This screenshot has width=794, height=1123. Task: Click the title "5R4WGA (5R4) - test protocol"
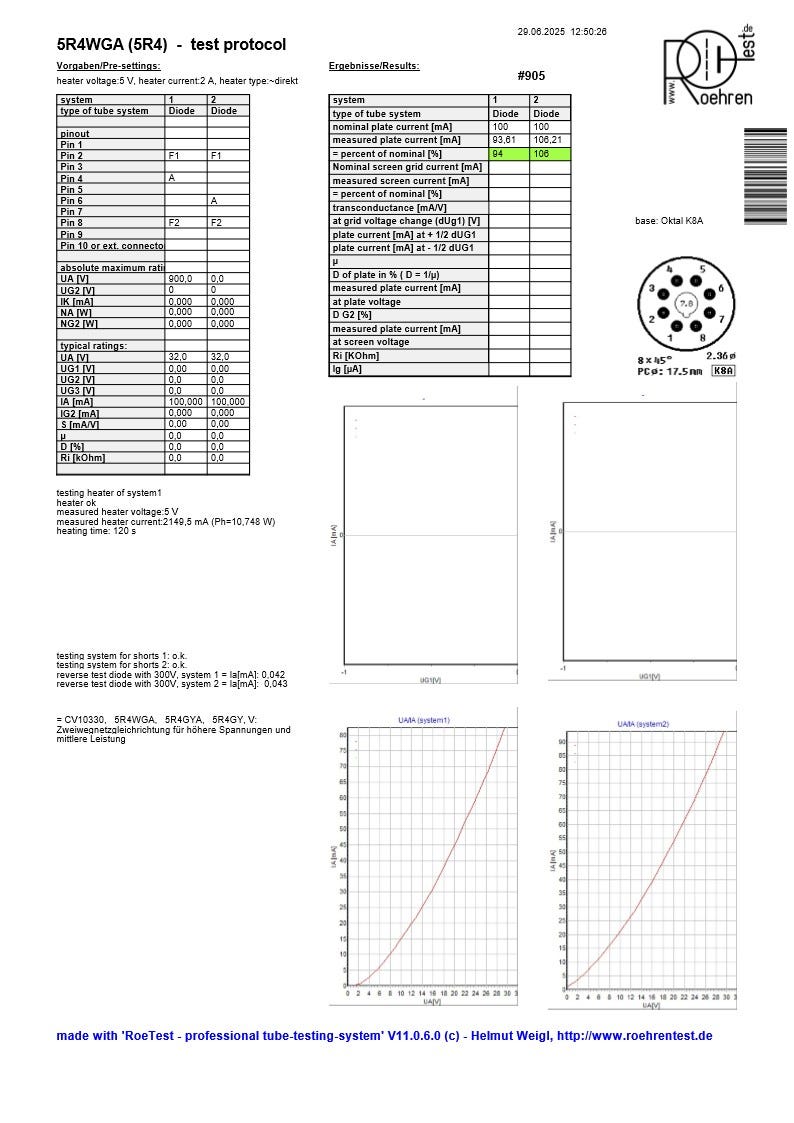point(171,45)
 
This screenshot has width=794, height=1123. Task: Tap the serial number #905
point(531,76)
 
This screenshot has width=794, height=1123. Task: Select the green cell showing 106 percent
point(549,154)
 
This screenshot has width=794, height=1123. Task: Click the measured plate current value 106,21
point(548,141)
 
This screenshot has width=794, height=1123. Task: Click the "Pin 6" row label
point(72,201)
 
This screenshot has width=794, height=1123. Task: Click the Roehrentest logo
point(708,67)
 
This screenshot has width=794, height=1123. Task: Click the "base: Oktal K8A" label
point(669,221)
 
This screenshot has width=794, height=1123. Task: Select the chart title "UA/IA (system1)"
point(421,720)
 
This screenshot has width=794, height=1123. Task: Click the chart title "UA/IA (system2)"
point(643,723)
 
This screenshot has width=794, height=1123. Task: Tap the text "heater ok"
point(76,503)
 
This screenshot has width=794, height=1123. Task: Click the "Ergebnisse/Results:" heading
point(374,67)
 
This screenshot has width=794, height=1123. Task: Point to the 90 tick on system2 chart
point(563,743)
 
